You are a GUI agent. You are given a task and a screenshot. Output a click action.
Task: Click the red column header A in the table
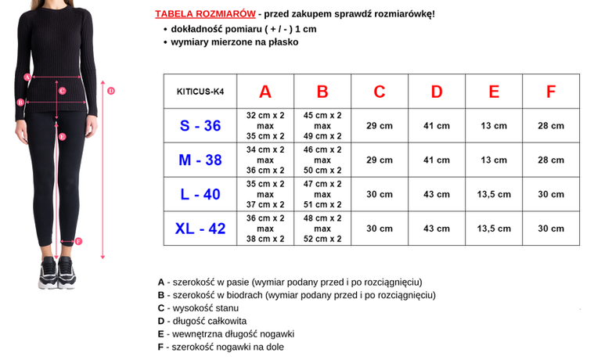tap(265, 92)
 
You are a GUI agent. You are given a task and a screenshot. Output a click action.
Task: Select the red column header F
tap(551, 92)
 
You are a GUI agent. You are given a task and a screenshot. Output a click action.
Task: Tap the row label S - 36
tap(200, 125)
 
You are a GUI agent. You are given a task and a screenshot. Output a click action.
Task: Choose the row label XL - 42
tap(200, 229)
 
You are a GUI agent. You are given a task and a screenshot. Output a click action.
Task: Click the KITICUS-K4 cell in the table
tap(200, 92)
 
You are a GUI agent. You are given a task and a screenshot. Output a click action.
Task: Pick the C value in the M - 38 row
tap(380, 160)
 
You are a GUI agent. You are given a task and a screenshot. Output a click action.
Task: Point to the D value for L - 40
tap(437, 194)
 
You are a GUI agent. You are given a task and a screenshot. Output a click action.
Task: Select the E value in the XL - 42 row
tap(494, 229)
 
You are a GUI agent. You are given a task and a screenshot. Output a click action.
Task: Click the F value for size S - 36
tap(551, 125)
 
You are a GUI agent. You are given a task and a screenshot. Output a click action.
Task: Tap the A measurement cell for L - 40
tap(265, 194)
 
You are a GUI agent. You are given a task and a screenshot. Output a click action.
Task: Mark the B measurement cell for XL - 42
tap(322, 229)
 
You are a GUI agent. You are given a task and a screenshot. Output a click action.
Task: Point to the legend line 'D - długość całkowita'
tap(202, 320)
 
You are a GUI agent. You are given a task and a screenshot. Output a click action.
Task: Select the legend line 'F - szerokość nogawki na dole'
tap(221, 347)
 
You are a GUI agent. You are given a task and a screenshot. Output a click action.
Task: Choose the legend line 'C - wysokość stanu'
tap(198, 308)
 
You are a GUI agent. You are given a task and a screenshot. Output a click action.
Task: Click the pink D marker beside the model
tap(111, 91)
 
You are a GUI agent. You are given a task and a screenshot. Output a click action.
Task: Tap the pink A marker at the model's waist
tap(27, 77)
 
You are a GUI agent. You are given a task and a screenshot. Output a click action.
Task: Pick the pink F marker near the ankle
tap(78, 241)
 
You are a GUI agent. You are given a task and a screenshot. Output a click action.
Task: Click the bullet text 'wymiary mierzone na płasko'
tap(234, 41)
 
